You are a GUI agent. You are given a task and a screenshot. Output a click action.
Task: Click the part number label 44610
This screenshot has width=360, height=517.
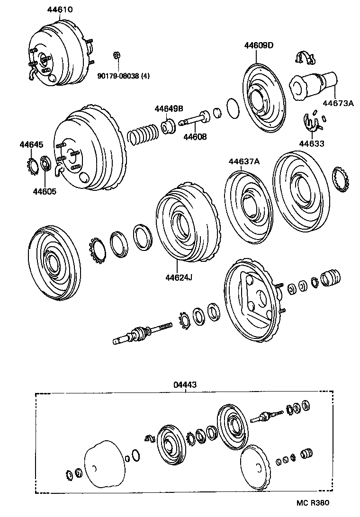click(x=60, y=9)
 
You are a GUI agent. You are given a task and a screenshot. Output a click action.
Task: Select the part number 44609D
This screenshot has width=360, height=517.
click(x=259, y=45)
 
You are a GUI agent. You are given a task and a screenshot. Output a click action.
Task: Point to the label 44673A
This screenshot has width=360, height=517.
click(x=338, y=103)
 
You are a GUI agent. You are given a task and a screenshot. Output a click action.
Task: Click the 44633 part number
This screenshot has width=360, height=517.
click(x=312, y=143)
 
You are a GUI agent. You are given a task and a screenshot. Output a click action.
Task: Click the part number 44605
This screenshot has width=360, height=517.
click(x=44, y=191)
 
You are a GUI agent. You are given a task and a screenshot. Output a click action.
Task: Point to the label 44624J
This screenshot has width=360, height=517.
click(x=178, y=278)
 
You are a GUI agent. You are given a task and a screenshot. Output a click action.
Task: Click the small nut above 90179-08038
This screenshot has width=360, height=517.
click(x=116, y=55)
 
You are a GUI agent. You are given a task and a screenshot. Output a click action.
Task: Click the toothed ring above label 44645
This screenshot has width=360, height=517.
click(x=32, y=166)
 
